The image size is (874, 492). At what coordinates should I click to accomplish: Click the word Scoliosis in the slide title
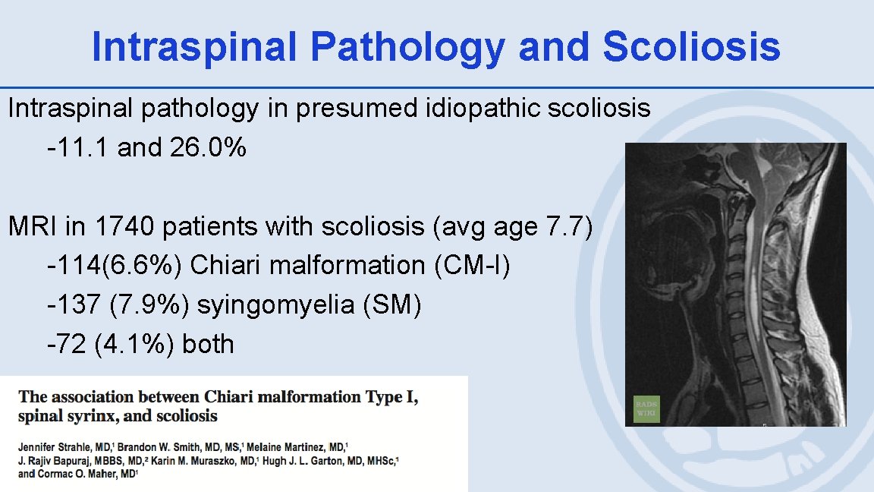(x=691, y=46)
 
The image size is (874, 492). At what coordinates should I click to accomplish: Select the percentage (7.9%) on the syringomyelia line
(x=149, y=304)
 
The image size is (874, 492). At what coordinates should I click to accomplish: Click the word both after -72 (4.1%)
(x=208, y=344)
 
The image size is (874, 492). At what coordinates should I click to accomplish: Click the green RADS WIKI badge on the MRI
(x=646, y=408)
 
